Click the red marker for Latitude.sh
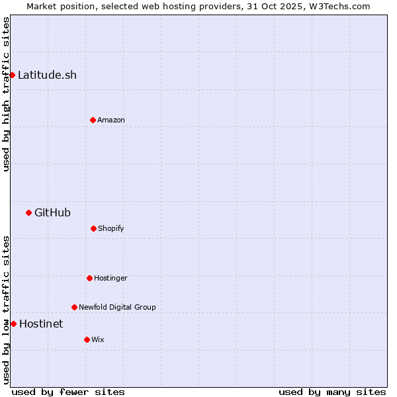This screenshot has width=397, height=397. pyautogui.click(x=12, y=75)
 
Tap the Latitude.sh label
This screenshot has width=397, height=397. pyautogui.click(x=47, y=75)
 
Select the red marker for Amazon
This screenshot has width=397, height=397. pyautogui.click(x=93, y=120)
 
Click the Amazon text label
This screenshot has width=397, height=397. pyautogui.click(x=111, y=120)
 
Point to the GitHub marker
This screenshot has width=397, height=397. pyautogui.click(x=28, y=212)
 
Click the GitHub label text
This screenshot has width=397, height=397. pyautogui.click(x=52, y=212)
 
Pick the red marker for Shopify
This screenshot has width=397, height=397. pyautogui.click(x=93, y=228)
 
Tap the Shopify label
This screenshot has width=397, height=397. pyautogui.click(x=111, y=228)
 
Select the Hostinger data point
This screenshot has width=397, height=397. pyautogui.click(x=89, y=278)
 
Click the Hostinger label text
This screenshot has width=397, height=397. pyautogui.click(x=110, y=278)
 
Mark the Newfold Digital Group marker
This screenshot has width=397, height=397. pyautogui.click(x=74, y=307)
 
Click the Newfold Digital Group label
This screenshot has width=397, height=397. pyautogui.click(x=117, y=307)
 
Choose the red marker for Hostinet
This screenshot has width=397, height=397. pyautogui.click(x=13, y=324)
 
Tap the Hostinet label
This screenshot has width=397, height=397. pyautogui.click(x=41, y=324)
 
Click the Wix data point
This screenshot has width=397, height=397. pyautogui.click(x=87, y=339)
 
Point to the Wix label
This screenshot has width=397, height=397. pyautogui.click(x=98, y=339)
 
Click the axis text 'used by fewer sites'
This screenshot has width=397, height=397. pyautogui.click(x=68, y=392)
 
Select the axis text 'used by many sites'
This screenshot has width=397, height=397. pyautogui.click(x=332, y=392)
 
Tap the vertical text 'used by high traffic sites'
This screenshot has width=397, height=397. pyautogui.click(x=6, y=94)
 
